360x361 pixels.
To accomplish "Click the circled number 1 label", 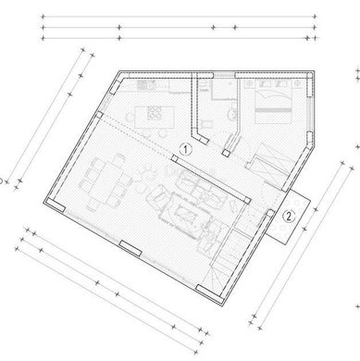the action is (186, 150).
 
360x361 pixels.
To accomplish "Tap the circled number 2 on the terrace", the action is (289, 216).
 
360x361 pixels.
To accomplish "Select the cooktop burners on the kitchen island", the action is (155, 113).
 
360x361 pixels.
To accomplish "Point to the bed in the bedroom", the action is (273, 103).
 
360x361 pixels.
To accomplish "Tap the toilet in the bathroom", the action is (233, 114).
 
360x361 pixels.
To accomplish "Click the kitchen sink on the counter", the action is (145, 85).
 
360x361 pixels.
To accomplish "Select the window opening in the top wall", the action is (224, 75).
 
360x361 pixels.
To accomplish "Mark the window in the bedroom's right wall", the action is (310, 114).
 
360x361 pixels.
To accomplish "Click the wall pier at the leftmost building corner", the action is (55, 205).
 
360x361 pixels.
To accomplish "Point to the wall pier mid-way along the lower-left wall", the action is (130, 248).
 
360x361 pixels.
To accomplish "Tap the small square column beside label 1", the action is (175, 158).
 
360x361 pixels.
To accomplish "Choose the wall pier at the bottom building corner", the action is (211, 294).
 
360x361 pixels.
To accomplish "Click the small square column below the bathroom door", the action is (226, 153).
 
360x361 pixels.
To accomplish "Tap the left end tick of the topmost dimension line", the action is (43, 17).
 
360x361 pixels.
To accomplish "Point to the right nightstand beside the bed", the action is (297, 84).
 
